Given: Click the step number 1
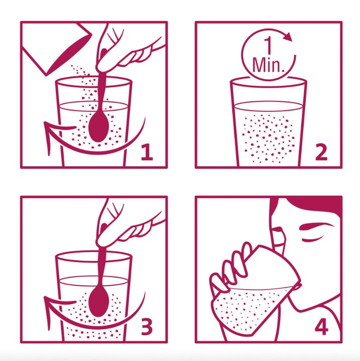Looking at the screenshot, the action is coord(147,152).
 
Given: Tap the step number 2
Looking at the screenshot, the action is coord(321,152).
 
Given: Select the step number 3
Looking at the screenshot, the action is coord(146,327).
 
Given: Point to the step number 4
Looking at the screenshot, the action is coord(321,327).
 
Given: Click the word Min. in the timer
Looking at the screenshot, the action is coord(269,65).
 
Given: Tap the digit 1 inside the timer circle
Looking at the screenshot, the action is coord(268,46).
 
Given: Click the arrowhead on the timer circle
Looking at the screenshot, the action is coord(287,37).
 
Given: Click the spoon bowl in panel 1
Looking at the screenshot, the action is coord(98,128).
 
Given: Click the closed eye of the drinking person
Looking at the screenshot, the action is coord(312,240).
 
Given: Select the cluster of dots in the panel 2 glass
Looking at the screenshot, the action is coord(268,138).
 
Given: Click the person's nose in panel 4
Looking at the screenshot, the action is coord(277,230).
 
